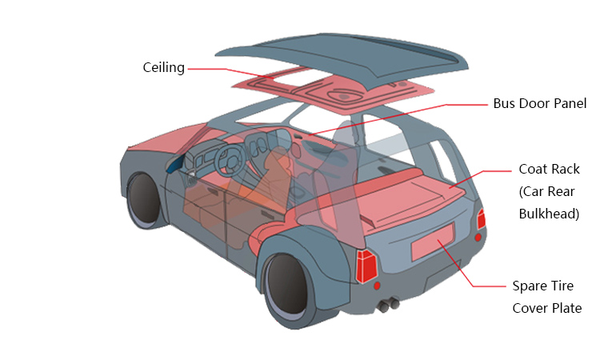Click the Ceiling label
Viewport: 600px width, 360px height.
pos(163,68)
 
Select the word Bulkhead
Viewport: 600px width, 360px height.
pos(549,214)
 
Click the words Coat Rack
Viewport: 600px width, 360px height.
pos(549,169)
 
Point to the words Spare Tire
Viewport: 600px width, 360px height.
pos(543,286)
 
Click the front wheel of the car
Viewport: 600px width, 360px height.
pos(144,198)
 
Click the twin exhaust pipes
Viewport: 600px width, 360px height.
pos(390,304)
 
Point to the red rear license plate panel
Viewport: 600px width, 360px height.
pos(433,242)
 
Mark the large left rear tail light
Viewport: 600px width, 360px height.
pos(367,266)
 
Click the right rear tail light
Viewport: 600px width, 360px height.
pos(482,218)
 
